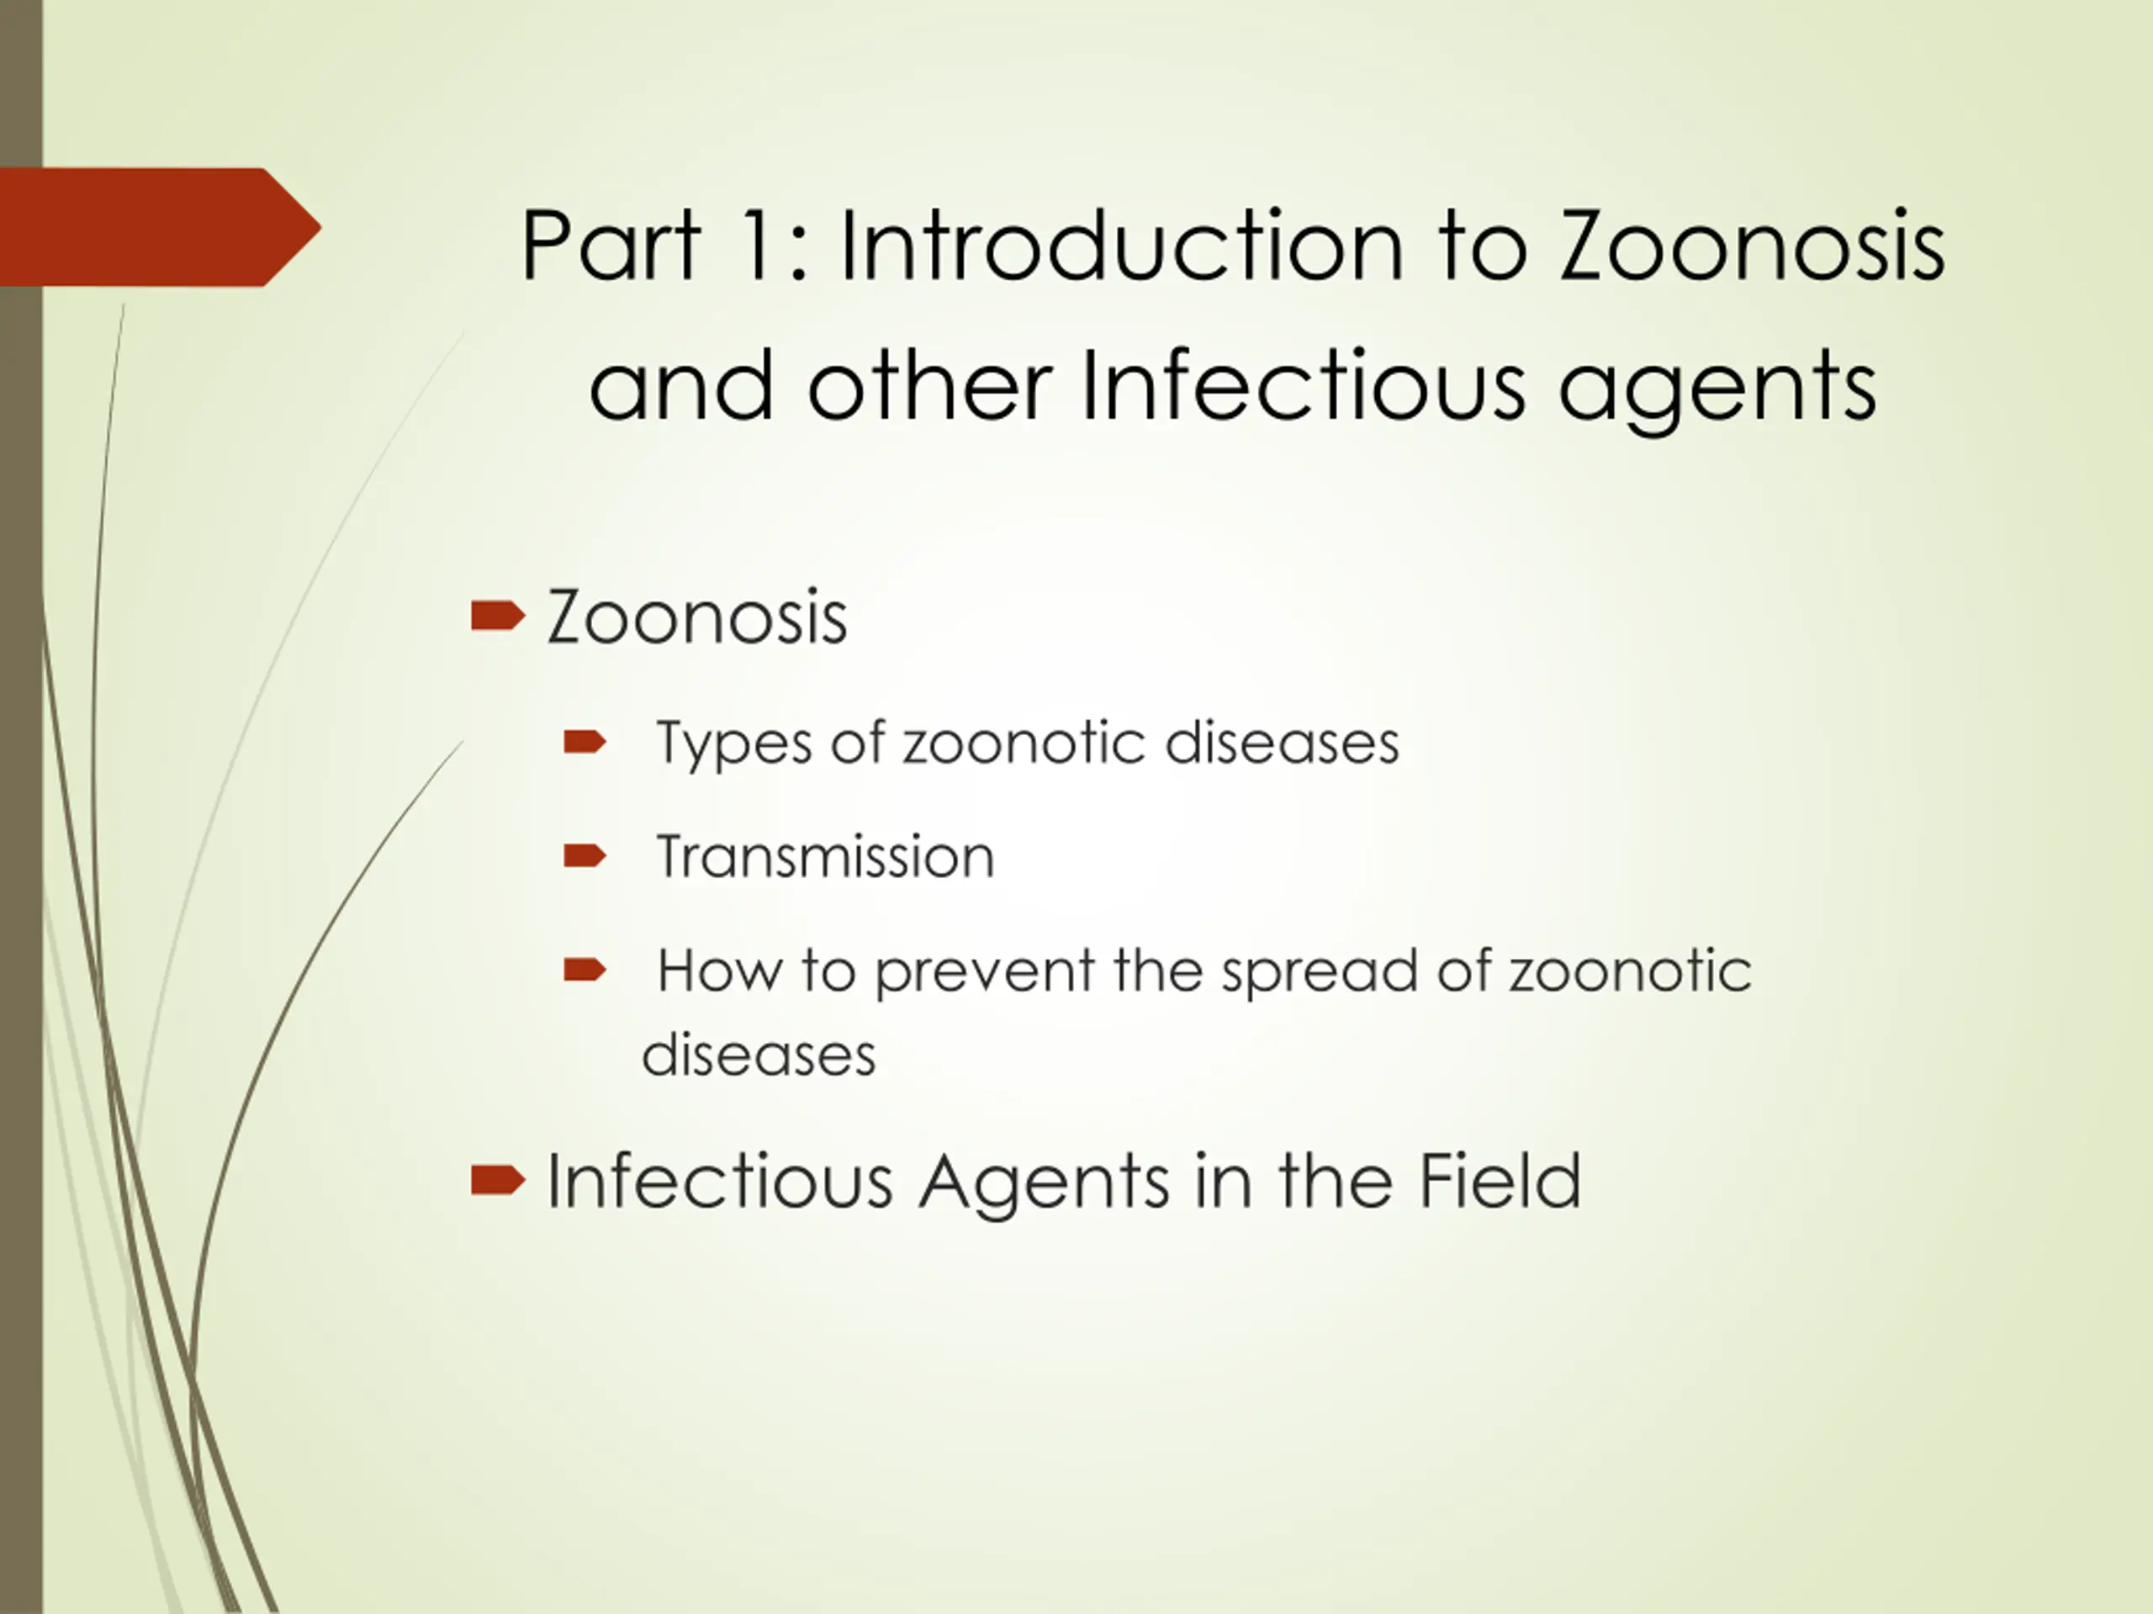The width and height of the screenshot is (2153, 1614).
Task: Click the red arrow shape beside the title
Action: [x=161, y=227]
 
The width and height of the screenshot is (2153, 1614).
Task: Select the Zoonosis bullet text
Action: [x=697, y=616]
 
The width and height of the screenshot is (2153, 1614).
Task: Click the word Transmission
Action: [x=825, y=857]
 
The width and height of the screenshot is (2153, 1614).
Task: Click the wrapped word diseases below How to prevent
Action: [x=759, y=1053]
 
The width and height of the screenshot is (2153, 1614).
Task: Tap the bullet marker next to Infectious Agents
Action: [x=497, y=1180]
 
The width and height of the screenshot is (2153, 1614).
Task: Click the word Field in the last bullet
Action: [x=1500, y=1180]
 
